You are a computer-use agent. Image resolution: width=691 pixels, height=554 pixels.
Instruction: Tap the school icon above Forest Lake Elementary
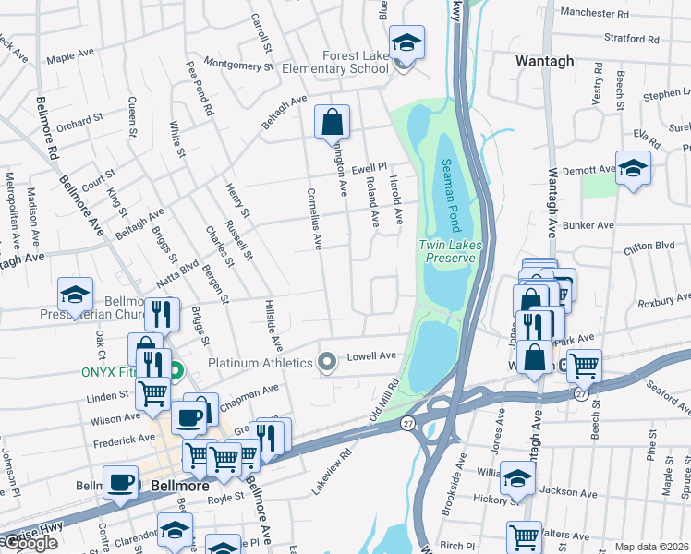coord(405,42)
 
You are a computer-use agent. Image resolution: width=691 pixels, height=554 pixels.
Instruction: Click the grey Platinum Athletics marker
coord(326,363)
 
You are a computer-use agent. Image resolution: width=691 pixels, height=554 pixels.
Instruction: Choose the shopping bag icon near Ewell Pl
coord(332,122)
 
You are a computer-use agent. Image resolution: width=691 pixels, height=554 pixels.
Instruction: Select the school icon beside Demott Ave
coord(633,168)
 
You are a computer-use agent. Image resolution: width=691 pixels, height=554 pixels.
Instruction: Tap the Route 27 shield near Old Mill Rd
coord(406,422)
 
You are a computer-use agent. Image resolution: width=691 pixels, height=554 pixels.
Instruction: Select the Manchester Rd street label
coord(594,15)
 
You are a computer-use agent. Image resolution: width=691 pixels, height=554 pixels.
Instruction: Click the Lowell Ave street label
coord(371,355)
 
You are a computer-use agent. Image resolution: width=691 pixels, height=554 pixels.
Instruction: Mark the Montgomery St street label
coord(238,65)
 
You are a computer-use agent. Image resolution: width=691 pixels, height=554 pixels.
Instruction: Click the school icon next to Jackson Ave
coord(517,478)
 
